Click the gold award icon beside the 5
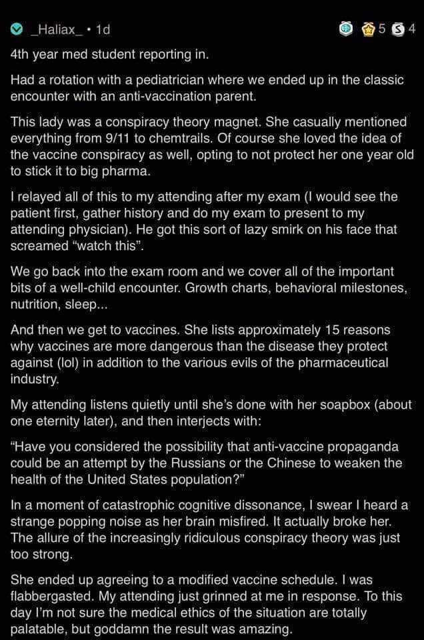[x=367, y=29]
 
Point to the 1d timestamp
[x=103, y=30]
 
